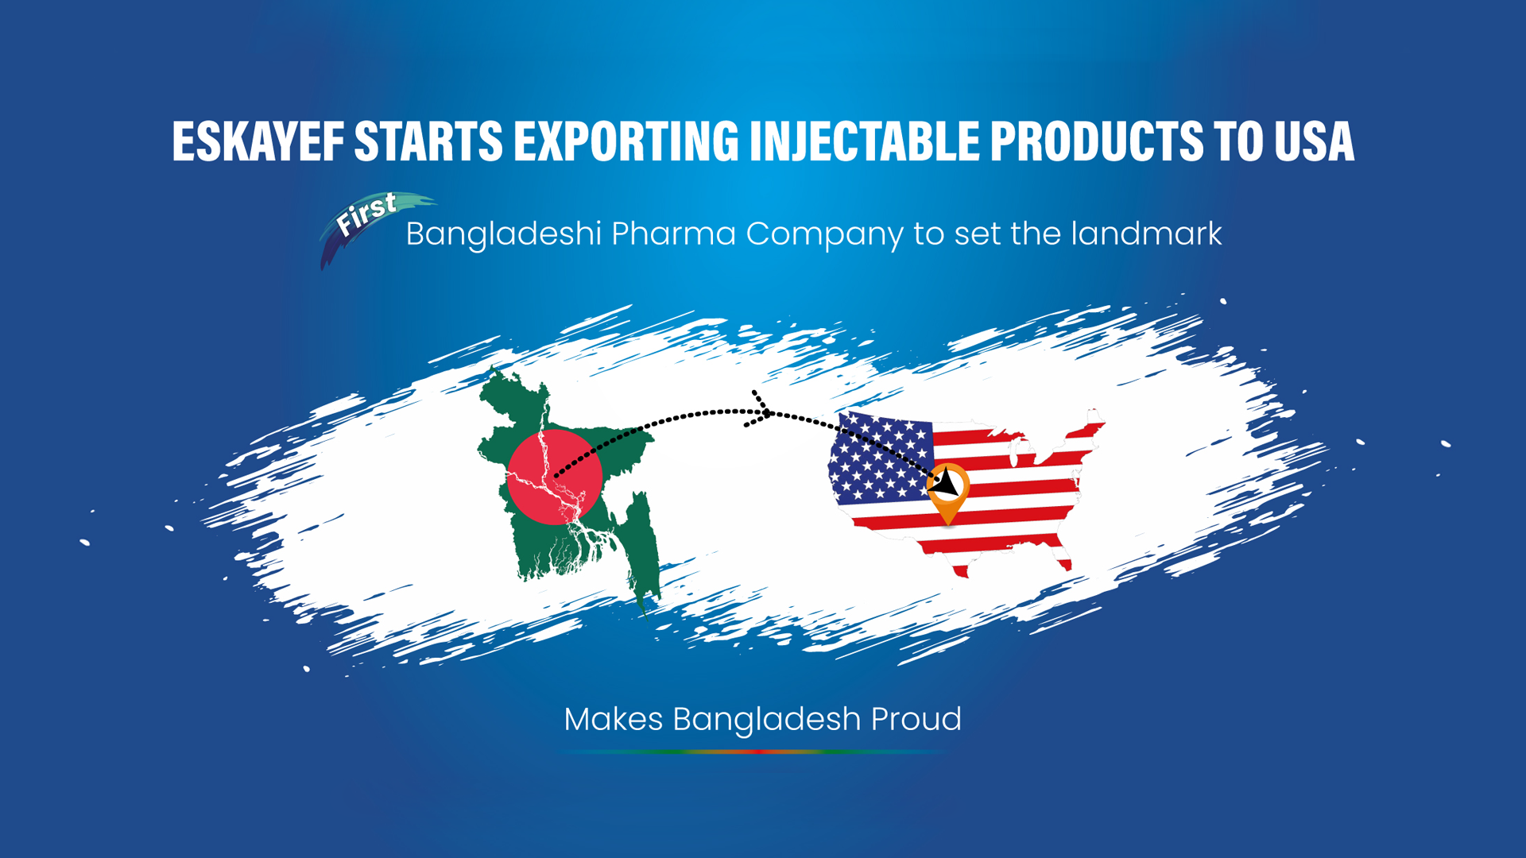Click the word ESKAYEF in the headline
258,142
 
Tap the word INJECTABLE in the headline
865,142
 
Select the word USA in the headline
1315,142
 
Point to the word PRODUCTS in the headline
1096,142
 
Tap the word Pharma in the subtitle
673,234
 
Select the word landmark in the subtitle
1146,234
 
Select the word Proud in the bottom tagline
916,720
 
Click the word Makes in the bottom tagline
613,720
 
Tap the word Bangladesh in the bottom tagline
767,720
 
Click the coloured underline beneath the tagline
759,752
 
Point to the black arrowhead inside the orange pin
945,482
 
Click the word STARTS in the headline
428,142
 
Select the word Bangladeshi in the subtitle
503,234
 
